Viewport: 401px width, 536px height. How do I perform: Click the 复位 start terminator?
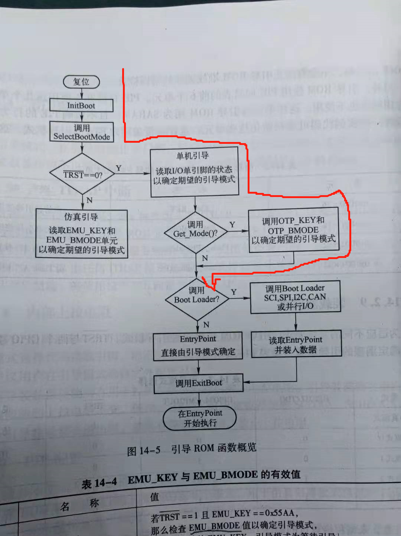[x=81, y=82]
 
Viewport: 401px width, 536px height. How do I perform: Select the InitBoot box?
[x=81, y=106]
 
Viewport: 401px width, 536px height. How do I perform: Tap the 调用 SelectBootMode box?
[x=82, y=132]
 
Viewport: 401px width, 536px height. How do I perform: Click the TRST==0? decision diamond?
[x=82, y=174]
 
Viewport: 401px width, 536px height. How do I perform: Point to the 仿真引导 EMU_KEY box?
[x=82, y=234]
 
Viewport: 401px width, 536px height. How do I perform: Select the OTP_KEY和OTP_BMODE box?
[x=293, y=230]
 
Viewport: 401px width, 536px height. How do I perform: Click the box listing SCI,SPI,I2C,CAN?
[x=295, y=297]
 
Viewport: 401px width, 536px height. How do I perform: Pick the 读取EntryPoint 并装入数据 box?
[x=296, y=344]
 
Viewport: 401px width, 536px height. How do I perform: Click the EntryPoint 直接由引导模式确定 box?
[x=198, y=346]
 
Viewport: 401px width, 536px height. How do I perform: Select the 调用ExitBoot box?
[x=198, y=383]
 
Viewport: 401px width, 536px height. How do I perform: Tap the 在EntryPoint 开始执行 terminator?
[x=200, y=418]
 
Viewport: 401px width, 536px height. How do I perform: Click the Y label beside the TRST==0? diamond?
[x=118, y=168]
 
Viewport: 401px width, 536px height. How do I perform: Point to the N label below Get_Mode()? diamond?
[x=205, y=258]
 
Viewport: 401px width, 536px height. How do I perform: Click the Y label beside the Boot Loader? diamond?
[x=234, y=292]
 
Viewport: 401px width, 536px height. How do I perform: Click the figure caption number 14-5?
[x=150, y=451]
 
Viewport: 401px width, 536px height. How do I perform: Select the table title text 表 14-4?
[x=99, y=483]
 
